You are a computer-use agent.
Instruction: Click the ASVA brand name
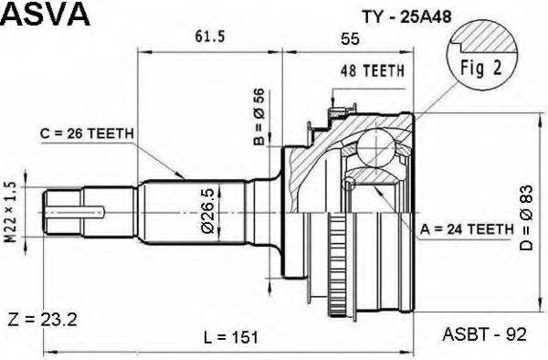[45, 15]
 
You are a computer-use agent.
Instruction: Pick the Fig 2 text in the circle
[476, 69]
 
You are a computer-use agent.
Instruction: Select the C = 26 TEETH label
[88, 133]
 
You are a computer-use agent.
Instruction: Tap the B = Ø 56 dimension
[258, 118]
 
